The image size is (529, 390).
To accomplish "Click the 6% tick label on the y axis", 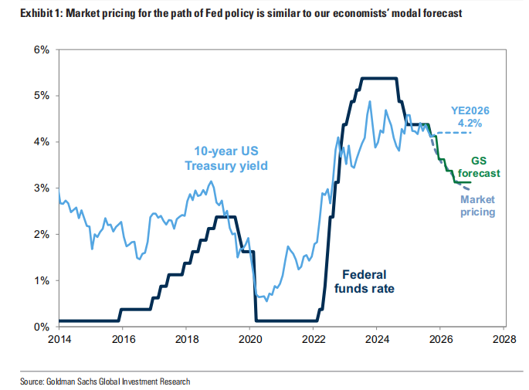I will (41, 49).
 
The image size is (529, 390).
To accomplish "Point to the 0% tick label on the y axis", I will (41, 327).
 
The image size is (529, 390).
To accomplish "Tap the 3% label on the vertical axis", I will (41, 188).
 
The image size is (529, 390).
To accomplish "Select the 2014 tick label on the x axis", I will (59, 338).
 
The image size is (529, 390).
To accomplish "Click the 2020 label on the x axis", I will (249, 338).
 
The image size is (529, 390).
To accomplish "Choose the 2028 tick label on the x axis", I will (504, 338).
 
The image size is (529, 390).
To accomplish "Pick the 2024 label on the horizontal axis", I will (376, 338).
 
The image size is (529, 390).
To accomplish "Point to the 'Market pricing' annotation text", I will (479, 205).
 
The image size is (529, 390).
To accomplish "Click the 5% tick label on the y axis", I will (41, 96).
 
